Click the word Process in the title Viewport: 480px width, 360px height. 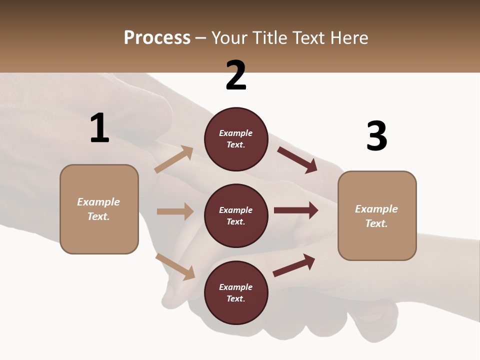[x=157, y=38]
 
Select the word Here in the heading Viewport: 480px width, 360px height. [x=346, y=38]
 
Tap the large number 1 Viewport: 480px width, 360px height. [x=99, y=128]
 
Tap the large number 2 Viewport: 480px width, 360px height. [x=236, y=75]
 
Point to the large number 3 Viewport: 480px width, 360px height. [x=376, y=136]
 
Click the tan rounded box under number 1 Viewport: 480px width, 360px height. [x=99, y=209]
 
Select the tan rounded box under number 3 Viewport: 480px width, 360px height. [x=377, y=216]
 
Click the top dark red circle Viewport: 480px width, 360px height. [x=236, y=139]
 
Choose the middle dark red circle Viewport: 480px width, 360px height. [x=236, y=215]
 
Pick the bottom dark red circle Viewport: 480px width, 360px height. [x=236, y=292]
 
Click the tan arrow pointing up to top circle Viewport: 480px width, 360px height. [x=174, y=159]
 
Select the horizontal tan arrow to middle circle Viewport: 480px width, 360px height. [x=175, y=211]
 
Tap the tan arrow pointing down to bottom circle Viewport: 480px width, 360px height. [x=175, y=266]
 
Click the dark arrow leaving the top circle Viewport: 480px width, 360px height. [x=297, y=159]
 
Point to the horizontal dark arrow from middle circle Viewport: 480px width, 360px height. [x=295, y=210]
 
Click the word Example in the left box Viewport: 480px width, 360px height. [x=98, y=202]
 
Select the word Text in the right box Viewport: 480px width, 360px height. [x=375, y=223]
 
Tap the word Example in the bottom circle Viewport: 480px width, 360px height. [x=235, y=287]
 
